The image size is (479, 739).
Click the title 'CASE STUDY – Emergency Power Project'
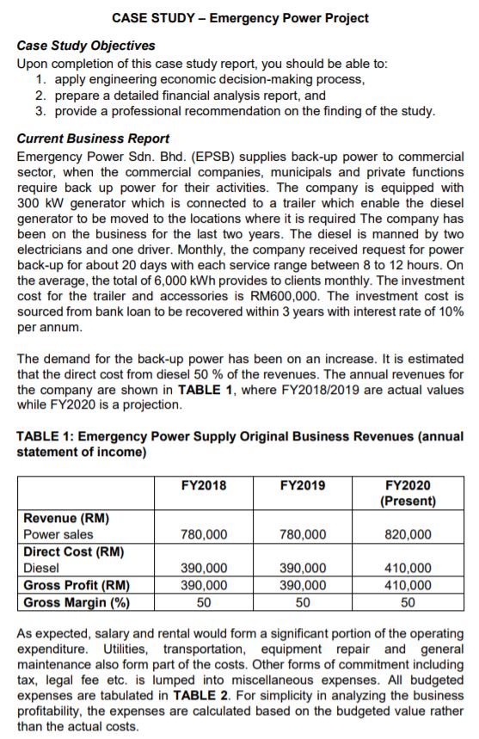(240, 17)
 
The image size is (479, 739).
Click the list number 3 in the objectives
(40, 111)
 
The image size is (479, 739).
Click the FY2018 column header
(204, 485)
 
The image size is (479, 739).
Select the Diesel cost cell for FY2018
(204, 568)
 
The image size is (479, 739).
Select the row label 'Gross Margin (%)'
(76, 600)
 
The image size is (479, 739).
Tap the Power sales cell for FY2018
(204, 534)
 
